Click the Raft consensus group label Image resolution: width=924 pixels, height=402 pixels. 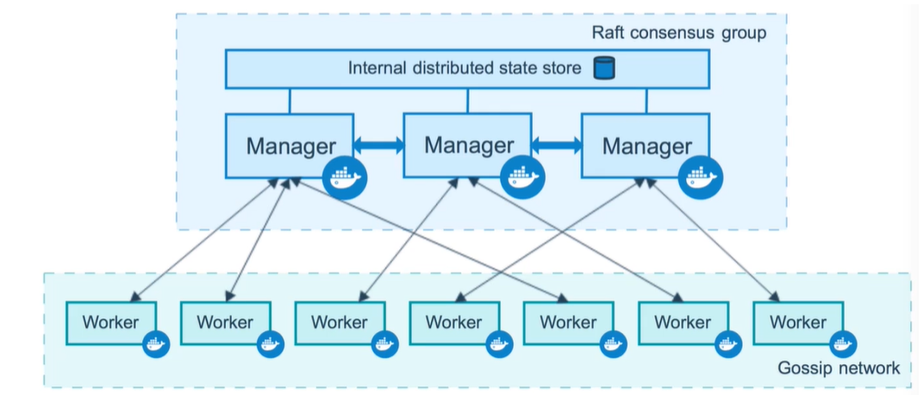click(677, 34)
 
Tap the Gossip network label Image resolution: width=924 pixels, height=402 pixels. click(839, 367)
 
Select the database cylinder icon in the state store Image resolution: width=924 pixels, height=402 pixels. click(602, 67)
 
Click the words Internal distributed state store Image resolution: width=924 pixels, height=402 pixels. click(465, 67)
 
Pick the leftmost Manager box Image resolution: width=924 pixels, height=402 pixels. click(290, 145)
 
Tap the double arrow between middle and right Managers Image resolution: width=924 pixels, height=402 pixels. click(557, 145)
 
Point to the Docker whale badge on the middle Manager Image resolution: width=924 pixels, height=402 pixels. click(522, 176)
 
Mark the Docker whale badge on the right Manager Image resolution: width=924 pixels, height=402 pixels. click(700, 178)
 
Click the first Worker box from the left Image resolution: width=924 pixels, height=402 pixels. click(110, 323)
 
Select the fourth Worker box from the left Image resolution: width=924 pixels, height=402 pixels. click(453, 323)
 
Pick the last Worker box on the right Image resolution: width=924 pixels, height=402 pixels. click(797, 323)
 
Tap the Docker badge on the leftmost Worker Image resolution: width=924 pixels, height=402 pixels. click(156, 343)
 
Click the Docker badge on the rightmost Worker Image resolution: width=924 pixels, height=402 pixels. click(842, 343)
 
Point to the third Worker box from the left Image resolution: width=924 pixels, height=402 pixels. click(339, 323)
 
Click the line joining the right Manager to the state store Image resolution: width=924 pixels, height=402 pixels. click(646, 100)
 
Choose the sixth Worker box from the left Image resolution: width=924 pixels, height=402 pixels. click(683, 323)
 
